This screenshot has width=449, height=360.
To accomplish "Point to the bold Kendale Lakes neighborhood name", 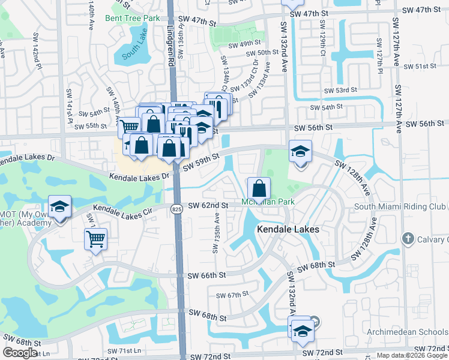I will pyautogui.click(x=287, y=229).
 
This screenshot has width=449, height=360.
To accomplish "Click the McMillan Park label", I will pyautogui.click(x=268, y=202).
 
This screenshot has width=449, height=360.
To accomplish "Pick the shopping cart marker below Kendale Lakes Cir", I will pyautogui.click(x=96, y=239).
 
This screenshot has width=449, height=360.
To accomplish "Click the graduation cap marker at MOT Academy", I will pyautogui.click(x=59, y=207).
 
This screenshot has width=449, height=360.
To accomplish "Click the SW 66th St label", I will pyautogui.click(x=206, y=275).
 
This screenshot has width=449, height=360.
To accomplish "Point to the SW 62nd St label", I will pyautogui.click(x=208, y=206).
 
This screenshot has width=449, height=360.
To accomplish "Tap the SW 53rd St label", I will pyautogui.click(x=340, y=90).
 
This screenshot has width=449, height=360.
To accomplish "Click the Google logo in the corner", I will pyautogui.click(x=20, y=353).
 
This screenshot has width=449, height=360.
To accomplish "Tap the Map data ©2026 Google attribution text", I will pyautogui.click(x=412, y=355).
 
